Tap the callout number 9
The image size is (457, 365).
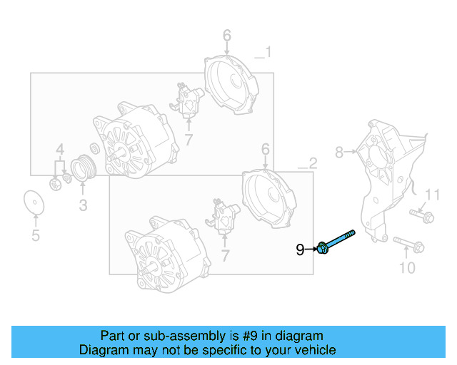coord(301,249)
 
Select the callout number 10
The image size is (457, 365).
coord(406,268)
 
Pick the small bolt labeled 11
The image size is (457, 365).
coord(421,215)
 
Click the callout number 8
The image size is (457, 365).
coord(340,151)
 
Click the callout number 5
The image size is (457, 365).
coord(35,236)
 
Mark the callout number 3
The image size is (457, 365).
coord(83,206)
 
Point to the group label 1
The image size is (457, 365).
coord(267,52)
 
